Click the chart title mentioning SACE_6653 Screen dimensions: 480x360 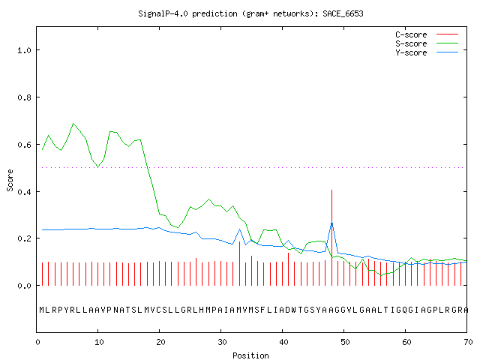pos(250,13)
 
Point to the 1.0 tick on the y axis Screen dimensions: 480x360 pos(25,50)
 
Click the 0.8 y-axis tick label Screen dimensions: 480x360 pos(25,97)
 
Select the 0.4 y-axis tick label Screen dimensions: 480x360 pos(25,192)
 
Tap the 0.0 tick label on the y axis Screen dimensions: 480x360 pos(25,286)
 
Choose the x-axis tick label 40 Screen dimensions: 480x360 pos(283,342)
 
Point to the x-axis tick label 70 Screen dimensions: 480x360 pos(468,342)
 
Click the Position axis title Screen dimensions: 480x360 pos(250,355)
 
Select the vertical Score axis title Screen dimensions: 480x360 pos(10,180)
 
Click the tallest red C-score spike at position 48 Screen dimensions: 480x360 pos(331,238)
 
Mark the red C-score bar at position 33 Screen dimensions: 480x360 pos(240,263)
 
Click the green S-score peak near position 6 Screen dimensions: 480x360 pos(73,124)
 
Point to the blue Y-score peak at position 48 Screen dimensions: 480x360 pos(331,222)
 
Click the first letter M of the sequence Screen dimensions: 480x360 pos(42,310)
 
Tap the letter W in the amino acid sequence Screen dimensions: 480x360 pos(294,310)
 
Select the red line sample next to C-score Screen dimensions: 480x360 pos(447,34)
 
